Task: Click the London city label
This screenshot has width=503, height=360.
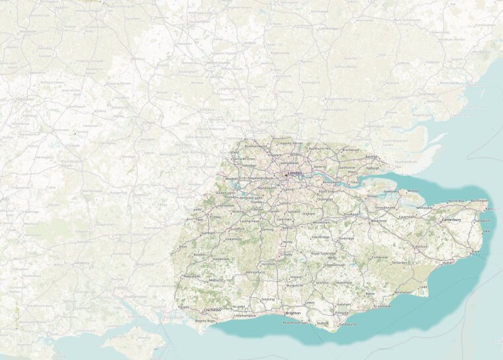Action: (295, 173)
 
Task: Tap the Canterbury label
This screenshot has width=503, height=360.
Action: (451, 219)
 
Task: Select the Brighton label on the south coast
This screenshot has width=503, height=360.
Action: (293, 312)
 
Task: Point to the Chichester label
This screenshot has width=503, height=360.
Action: (213, 310)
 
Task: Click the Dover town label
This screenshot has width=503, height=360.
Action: (475, 251)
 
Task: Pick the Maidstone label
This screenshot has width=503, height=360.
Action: (379, 220)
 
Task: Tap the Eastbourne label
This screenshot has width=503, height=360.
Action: (347, 324)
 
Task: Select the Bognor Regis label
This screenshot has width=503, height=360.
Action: (206, 321)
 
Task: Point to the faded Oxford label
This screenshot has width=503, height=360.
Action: (149, 122)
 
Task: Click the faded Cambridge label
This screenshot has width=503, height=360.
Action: (328, 28)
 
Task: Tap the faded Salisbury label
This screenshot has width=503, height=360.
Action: (82, 262)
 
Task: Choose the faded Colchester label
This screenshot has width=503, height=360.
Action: (428, 94)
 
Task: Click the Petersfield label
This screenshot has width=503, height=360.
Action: (192, 276)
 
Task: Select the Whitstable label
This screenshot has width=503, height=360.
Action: (424, 208)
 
